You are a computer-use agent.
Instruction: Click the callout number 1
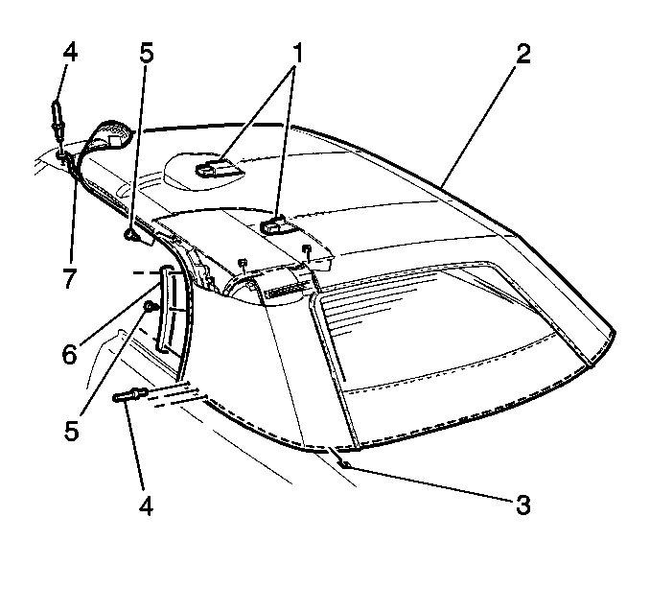coord(296,53)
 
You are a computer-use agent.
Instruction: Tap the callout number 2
coord(523,54)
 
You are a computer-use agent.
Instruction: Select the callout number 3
coord(523,505)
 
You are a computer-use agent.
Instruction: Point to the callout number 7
coord(69,277)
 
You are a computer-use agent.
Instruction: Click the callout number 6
coord(69,355)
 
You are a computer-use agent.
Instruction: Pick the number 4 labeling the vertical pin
coord(70,53)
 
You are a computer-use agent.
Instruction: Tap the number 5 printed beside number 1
coord(147,53)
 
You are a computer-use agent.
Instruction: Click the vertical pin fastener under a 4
coord(57,117)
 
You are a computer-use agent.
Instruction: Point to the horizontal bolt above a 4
coord(128,394)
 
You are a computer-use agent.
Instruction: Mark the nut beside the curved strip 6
coord(150,307)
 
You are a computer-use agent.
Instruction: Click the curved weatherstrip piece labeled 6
coord(166,310)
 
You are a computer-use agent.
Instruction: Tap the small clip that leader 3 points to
coord(344,463)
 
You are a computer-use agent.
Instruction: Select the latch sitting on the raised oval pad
coord(216,169)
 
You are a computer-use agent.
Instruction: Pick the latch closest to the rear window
coord(273,226)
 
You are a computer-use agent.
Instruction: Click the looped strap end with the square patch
coord(111,135)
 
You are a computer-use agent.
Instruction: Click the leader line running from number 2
coord(479,125)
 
